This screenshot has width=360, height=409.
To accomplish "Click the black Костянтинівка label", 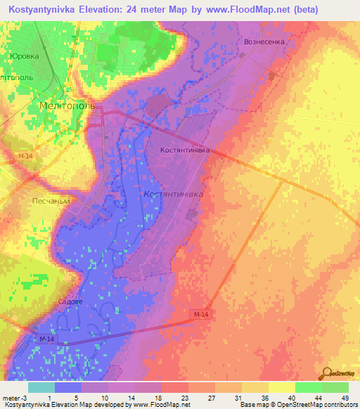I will [185, 150].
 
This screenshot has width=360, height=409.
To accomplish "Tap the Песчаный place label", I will [51, 200].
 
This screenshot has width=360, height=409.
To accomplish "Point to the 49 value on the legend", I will [345, 398].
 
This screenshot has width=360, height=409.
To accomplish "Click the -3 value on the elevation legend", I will [26, 398].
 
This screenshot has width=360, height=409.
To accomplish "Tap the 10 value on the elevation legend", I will [105, 398].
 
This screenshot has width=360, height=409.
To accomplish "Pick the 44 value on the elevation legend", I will [319, 398].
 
